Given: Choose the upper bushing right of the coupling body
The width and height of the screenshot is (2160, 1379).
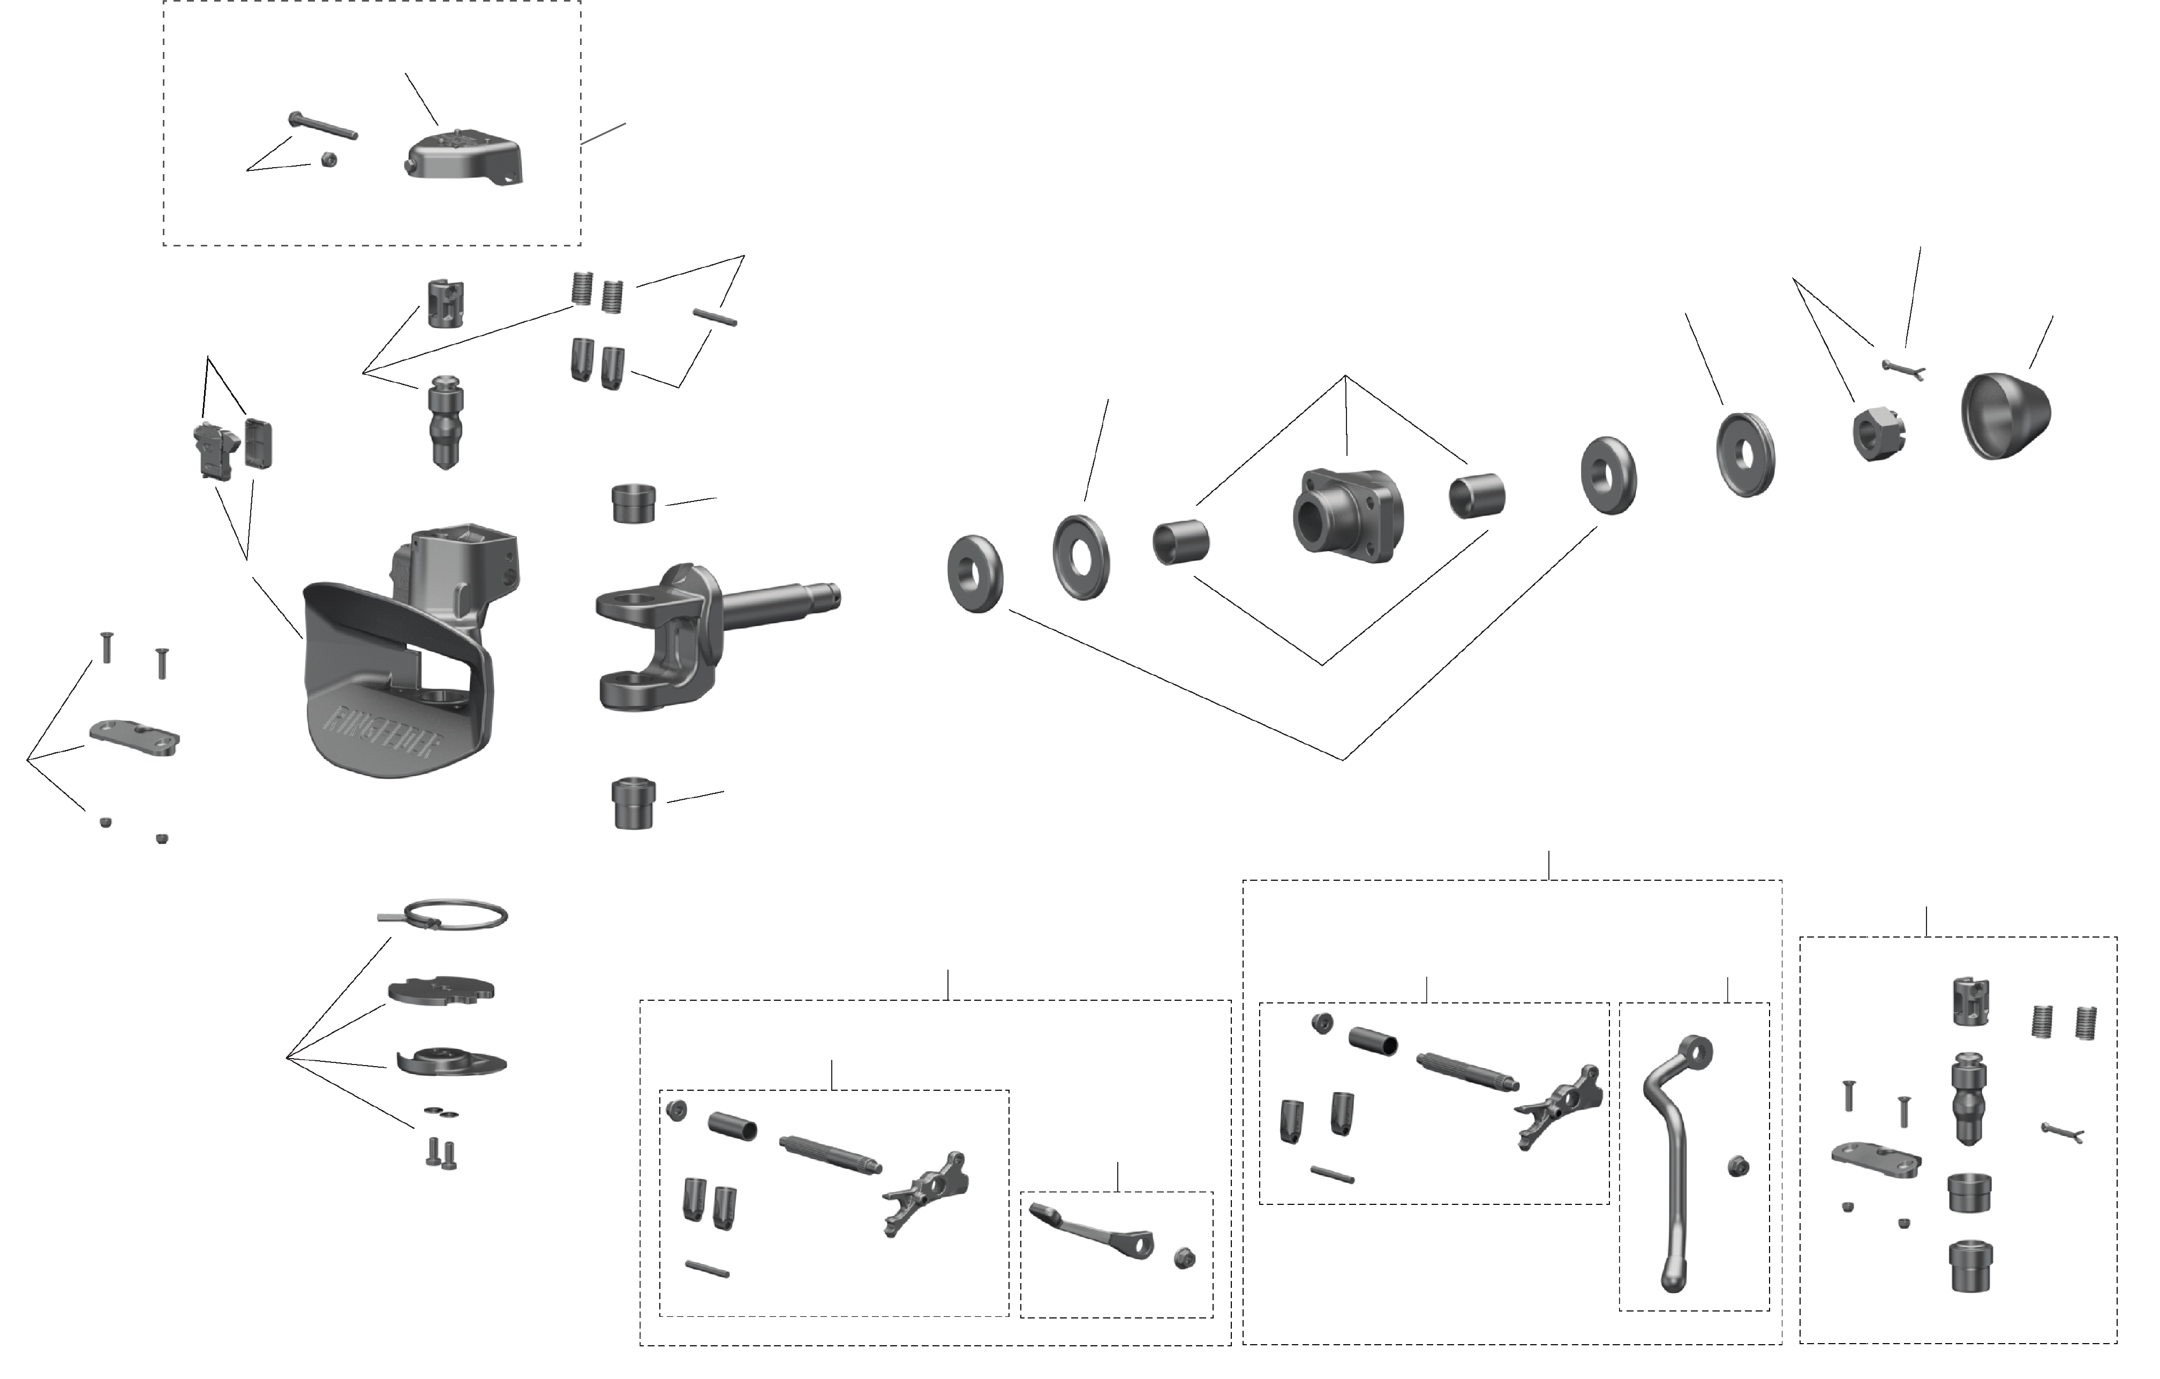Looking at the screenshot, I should (633, 504).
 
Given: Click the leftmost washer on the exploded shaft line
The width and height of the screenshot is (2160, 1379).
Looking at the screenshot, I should (974, 574).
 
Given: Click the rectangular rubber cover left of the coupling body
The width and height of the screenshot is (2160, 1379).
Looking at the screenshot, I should (258, 443).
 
